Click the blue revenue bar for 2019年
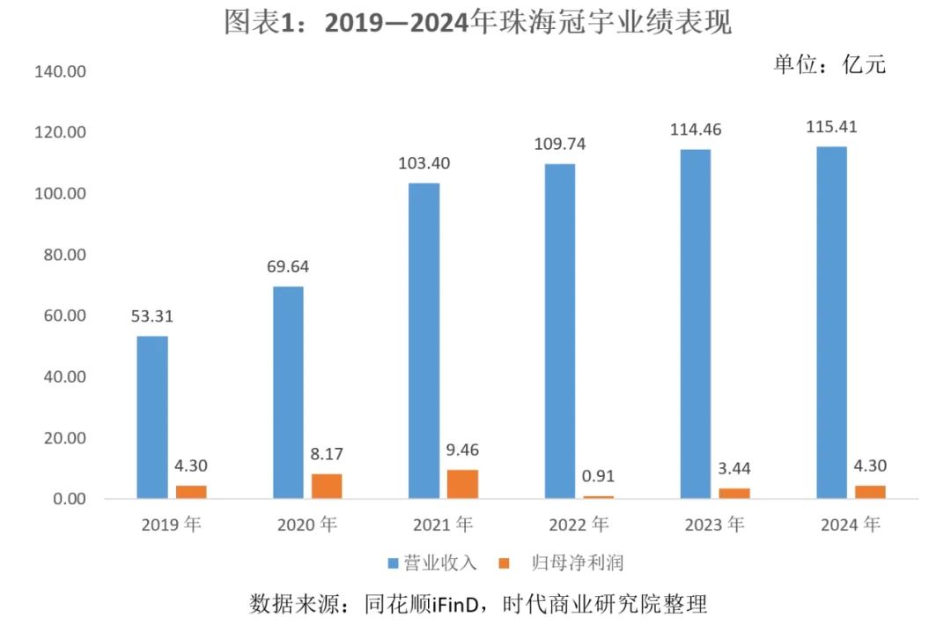pos(152,417)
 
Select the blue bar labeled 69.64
pos(288,392)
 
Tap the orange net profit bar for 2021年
pos(463,484)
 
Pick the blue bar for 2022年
pos(560,331)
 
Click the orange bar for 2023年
pos(734,494)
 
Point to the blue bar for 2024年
pos(831,323)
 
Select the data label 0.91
pos(599,477)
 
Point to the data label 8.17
pos(326,455)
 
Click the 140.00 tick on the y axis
pos(60,72)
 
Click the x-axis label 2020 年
pos(306,525)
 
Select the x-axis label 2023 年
pos(715,525)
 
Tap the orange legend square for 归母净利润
pos(505,562)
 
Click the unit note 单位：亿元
pos(829,64)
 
